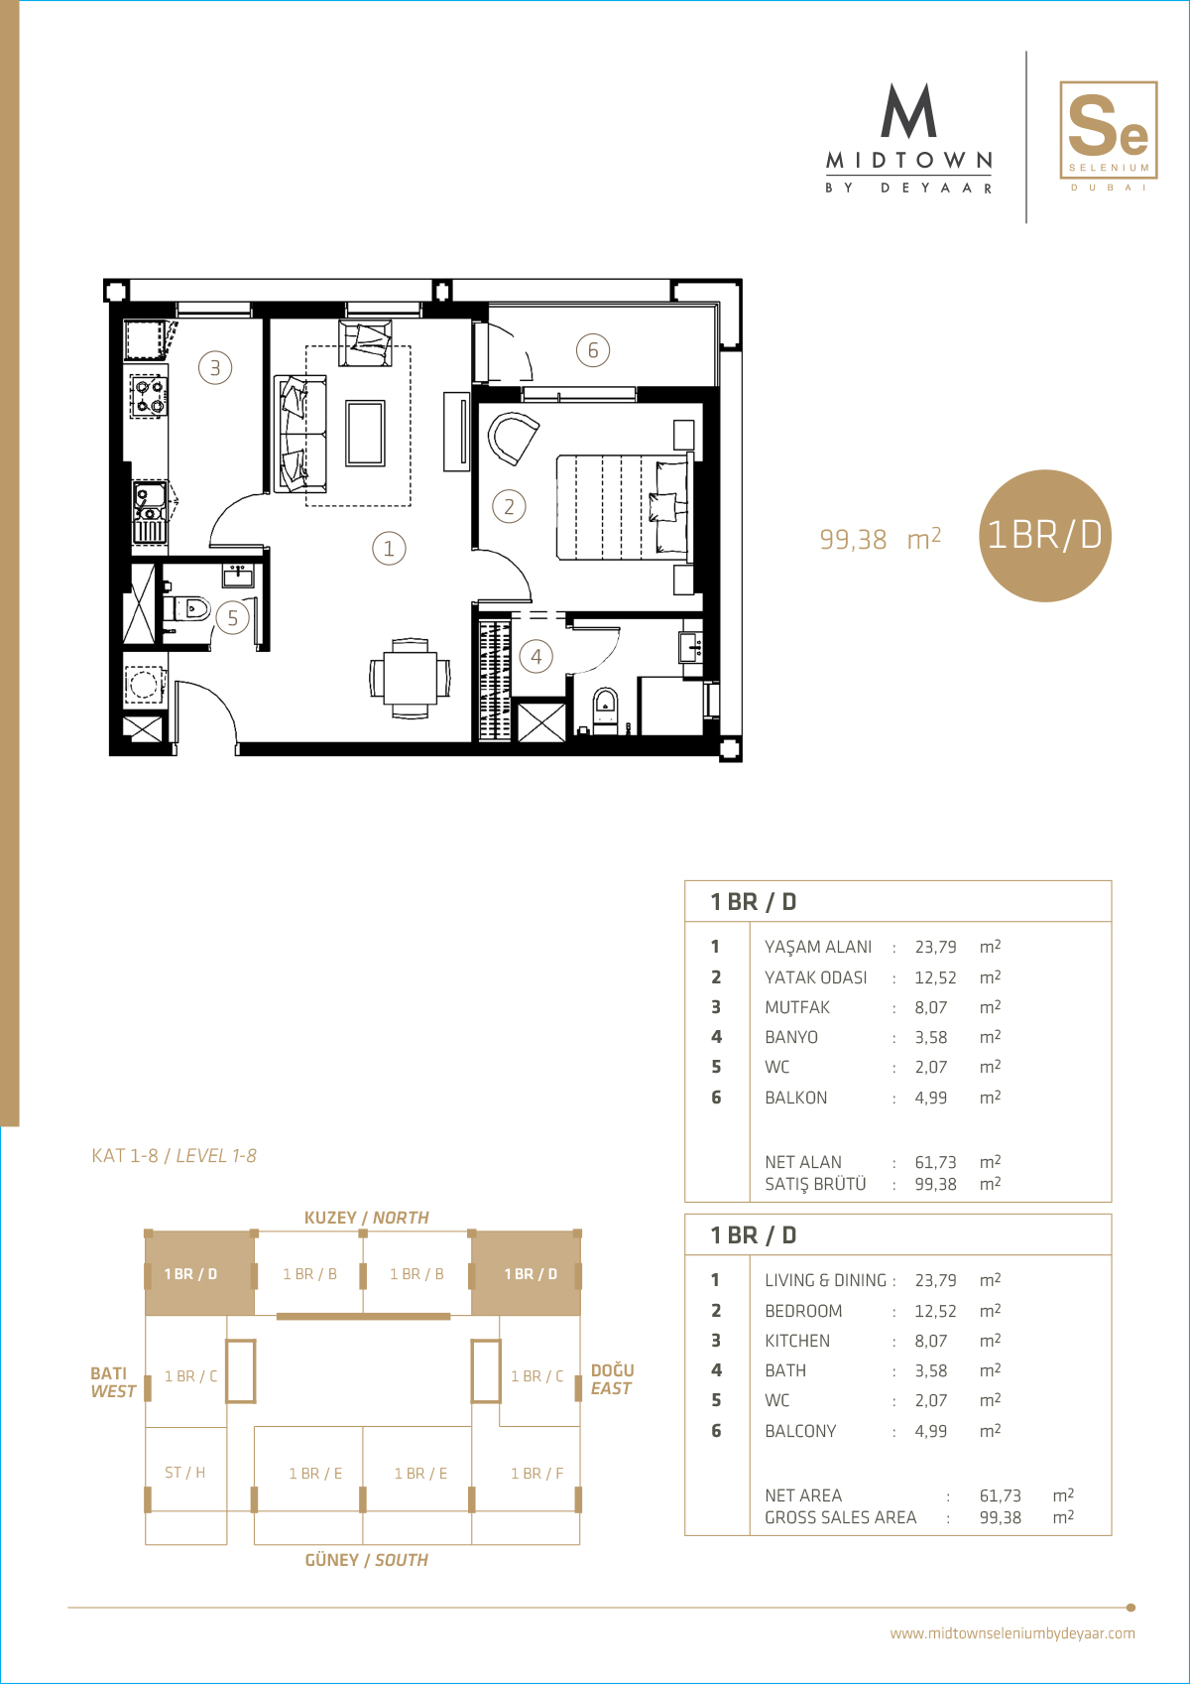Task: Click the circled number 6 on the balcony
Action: point(593,350)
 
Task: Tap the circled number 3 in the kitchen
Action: point(215,368)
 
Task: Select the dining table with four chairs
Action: point(411,679)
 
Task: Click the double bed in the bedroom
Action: point(623,507)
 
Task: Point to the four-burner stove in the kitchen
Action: point(148,396)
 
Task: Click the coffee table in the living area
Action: point(366,433)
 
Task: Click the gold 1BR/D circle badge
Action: point(1045,536)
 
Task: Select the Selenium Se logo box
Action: point(1108,131)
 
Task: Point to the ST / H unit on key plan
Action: point(184,1472)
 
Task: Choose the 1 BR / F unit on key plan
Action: point(536,1473)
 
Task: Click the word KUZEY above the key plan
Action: point(330,1218)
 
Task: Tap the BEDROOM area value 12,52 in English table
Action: point(935,1310)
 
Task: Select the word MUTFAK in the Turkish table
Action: point(797,1006)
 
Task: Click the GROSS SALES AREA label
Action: point(841,1517)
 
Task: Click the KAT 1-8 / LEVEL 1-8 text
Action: point(174,1155)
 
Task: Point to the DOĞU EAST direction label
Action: point(612,1379)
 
